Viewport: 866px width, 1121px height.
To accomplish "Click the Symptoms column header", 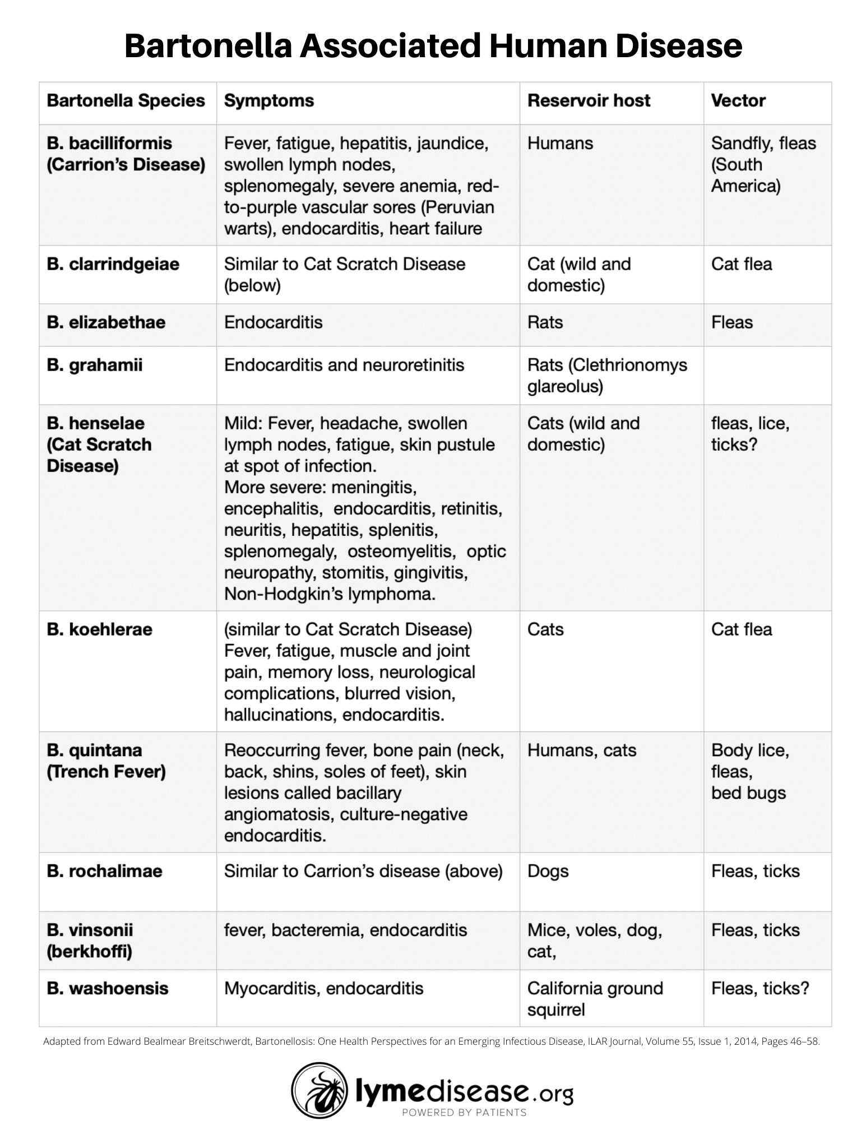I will click(x=269, y=101).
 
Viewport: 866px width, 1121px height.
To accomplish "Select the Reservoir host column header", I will click(x=589, y=101).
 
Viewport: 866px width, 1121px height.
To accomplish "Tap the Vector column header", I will click(x=738, y=101).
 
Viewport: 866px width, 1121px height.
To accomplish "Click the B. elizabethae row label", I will click(x=106, y=322).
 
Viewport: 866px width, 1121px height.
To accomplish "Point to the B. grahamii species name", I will click(x=95, y=365).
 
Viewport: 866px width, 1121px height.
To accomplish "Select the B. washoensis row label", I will click(x=108, y=988).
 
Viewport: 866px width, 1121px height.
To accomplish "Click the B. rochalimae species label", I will click(x=104, y=871).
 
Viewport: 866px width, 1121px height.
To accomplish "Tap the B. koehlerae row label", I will click(x=99, y=629).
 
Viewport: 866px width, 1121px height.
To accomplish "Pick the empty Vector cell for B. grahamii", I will click(x=767, y=375).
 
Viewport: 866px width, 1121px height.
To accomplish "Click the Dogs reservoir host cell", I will click(x=548, y=871).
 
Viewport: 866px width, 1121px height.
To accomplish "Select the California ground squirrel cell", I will click(x=595, y=998).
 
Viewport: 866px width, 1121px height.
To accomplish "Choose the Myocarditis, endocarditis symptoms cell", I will click(x=323, y=988).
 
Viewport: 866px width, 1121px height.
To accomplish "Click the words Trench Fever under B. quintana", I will click(x=106, y=772).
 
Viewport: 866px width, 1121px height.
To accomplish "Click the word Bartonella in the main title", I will click(x=209, y=46).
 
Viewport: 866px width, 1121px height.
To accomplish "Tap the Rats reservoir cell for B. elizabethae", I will click(x=545, y=322).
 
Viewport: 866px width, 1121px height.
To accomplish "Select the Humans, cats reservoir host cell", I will click(x=582, y=750).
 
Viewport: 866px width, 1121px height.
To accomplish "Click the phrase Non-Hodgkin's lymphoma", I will click(x=330, y=594).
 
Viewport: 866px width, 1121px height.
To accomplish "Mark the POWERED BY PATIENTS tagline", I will click(x=464, y=1112).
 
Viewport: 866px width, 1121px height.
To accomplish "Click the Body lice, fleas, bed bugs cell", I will click(x=750, y=771).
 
